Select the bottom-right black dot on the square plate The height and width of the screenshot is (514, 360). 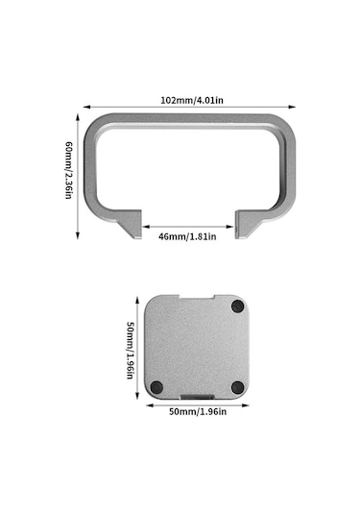pyautogui.click(x=236, y=387)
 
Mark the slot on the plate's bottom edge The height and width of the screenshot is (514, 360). pyautogui.click(x=199, y=396)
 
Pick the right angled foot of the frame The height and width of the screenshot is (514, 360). pyautogui.click(x=251, y=229)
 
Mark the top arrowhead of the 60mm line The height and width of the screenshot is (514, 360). pyautogui.click(x=78, y=116)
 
